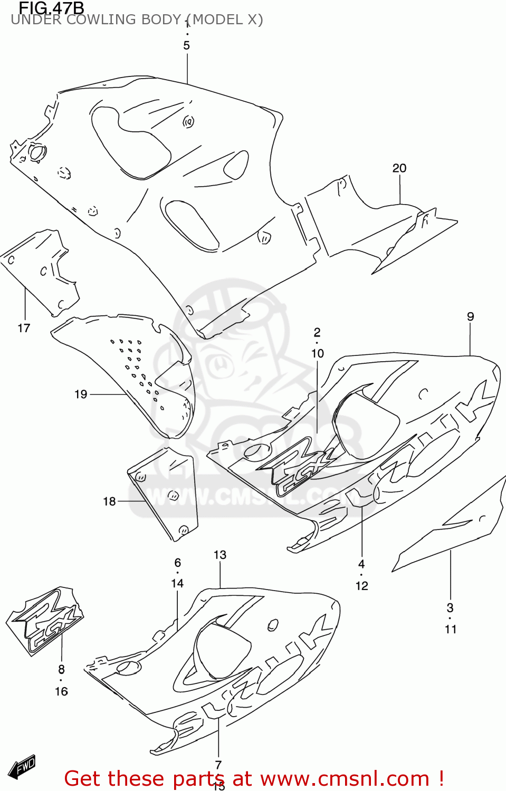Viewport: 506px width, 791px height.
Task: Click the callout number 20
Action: point(399,168)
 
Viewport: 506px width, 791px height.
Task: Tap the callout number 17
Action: point(24,328)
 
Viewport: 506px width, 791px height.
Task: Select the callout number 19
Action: point(81,394)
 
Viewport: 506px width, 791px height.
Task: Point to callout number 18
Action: point(109,501)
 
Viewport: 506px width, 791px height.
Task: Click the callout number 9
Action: point(470,316)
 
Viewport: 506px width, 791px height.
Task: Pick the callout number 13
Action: point(219,555)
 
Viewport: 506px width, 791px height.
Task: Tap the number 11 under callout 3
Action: point(450,629)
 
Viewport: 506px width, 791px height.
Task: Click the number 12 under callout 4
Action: point(361,586)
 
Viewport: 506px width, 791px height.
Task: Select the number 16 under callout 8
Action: point(61,691)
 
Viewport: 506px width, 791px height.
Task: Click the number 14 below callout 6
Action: point(177,583)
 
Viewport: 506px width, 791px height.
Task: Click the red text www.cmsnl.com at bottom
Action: point(345,779)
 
